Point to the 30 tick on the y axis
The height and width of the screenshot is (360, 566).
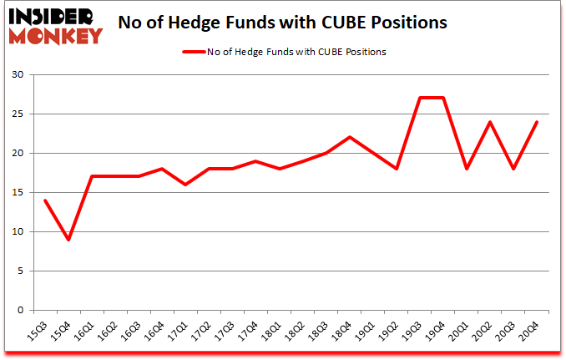18,75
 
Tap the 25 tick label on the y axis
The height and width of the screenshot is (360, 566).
18,114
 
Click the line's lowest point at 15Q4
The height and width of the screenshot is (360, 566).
68,240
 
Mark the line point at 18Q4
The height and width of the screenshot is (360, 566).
350,137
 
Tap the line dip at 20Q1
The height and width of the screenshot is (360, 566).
467,169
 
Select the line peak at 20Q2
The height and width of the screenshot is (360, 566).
490,122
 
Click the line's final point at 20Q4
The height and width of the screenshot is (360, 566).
537,122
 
